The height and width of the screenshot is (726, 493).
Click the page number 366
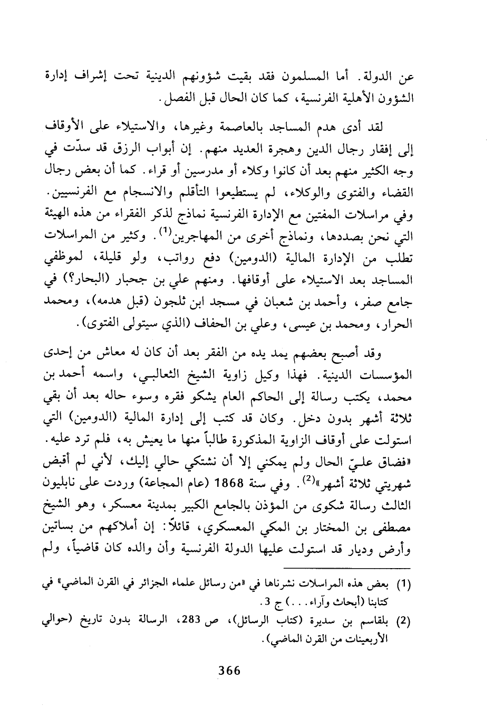click(x=229, y=671)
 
